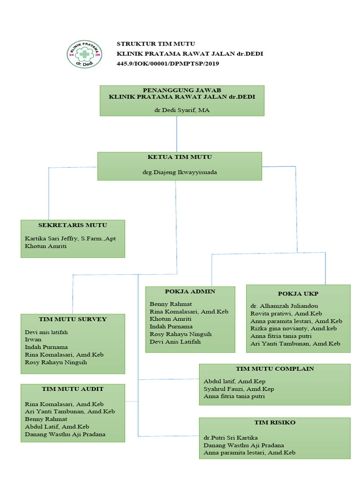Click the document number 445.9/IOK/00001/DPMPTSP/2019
point(168,63)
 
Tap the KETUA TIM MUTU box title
point(180,157)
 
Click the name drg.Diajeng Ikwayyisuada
point(180,172)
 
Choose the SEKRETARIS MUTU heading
point(73,225)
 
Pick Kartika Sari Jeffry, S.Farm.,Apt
point(70,239)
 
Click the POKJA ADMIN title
point(190,292)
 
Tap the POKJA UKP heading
point(298,294)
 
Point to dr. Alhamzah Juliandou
point(285,306)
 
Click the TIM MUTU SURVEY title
point(73,319)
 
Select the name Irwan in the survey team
point(33,339)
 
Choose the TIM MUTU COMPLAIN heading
point(275,369)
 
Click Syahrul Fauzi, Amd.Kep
point(239,389)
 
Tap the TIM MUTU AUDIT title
point(73,389)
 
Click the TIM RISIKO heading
point(275,422)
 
